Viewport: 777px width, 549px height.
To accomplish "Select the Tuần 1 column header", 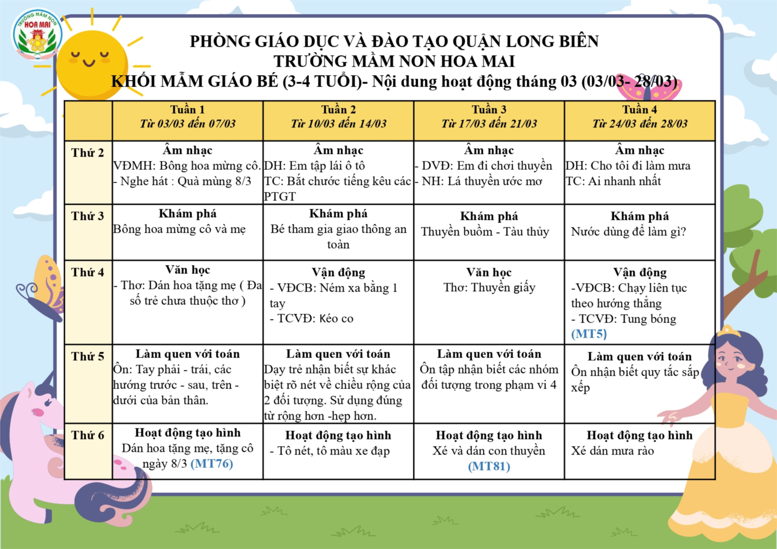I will [187, 117].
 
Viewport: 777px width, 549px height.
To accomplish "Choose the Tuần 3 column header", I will [489, 117].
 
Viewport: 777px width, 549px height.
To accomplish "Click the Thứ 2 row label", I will [88, 153].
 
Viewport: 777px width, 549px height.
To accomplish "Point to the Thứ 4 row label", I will [88, 272].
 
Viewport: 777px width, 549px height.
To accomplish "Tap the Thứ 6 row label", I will [88, 435].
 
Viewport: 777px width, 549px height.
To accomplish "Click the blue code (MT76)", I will [212, 464].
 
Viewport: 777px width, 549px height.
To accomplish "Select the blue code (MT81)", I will [489, 467].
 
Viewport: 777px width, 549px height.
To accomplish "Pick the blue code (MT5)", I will [589, 334].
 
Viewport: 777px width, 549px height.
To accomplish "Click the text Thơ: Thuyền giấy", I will [489, 288].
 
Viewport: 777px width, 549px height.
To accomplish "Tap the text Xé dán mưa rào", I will [612, 451].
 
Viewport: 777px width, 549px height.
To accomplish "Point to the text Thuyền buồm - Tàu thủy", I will [485, 232].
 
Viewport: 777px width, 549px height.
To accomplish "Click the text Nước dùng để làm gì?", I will [628, 232].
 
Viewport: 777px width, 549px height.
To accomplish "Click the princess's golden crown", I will [729, 331].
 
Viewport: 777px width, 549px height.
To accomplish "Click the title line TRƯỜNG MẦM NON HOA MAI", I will [394, 61].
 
